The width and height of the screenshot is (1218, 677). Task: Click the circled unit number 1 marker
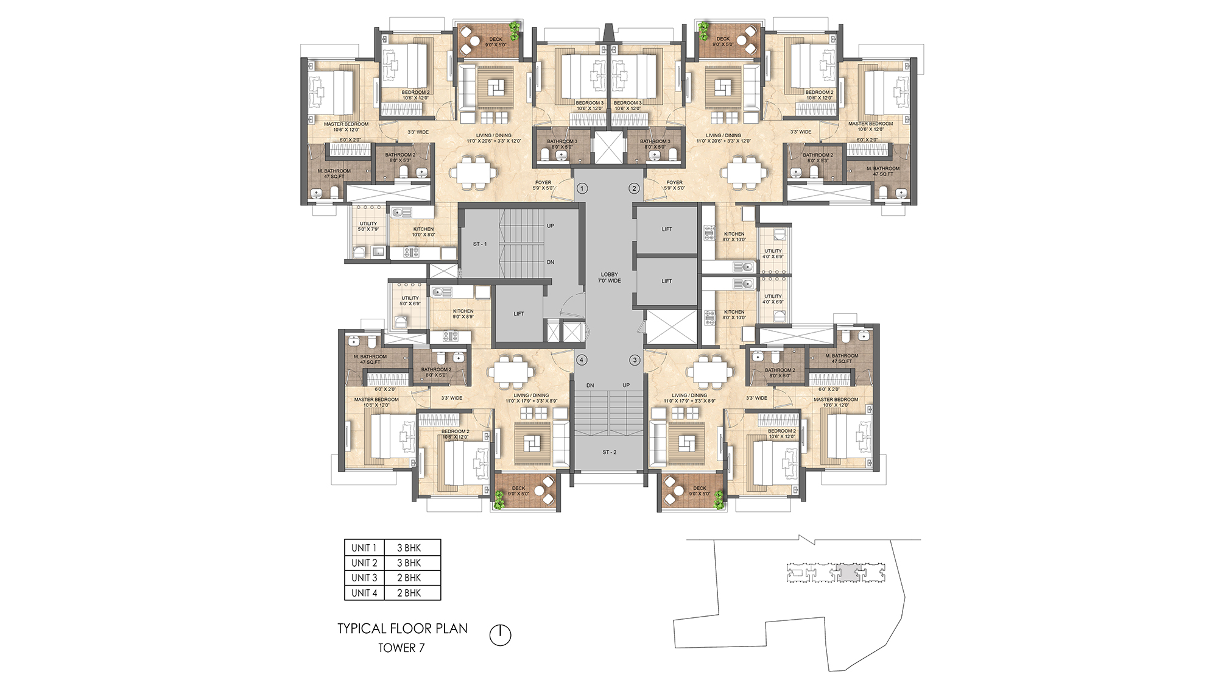coord(582,189)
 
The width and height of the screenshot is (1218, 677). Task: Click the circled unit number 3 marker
coord(635,360)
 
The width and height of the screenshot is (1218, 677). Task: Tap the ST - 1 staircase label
coord(480,244)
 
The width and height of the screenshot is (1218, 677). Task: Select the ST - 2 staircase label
coord(610,452)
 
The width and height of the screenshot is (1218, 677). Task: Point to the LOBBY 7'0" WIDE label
coord(610,278)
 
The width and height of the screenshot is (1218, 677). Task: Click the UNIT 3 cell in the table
coord(364,578)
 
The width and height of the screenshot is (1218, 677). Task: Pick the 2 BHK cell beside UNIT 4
coord(409,593)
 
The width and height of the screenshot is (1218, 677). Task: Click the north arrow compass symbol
coord(500,635)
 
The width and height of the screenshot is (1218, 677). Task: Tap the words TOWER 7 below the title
coord(401,648)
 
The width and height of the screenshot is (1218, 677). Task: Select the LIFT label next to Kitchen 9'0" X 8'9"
coord(519,314)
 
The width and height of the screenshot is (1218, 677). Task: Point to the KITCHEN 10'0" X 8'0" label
coord(423,232)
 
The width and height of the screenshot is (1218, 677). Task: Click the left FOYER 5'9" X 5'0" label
coord(543,185)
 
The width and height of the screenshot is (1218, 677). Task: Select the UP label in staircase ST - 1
coord(551,226)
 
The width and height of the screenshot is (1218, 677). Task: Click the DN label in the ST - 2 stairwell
coord(590,386)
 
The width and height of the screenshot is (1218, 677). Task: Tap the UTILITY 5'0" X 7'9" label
coord(368,226)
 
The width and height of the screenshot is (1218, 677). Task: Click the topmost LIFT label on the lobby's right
coord(667,230)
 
